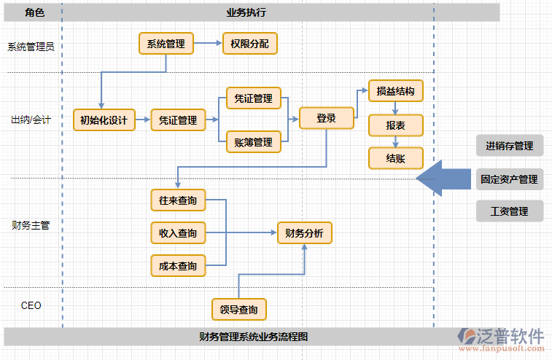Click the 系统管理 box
(x=166, y=44)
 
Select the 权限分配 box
(x=249, y=44)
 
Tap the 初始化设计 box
(x=104, y=120)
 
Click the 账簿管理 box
(x=254, y=142)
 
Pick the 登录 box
(x=326, y=118)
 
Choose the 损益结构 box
(x=395, y=91)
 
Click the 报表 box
(x=395, y=125)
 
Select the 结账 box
(x=395, y=158)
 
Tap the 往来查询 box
(x=178, y=200)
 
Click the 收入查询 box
(x=178, y=233)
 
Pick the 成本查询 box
(x=178, y=266)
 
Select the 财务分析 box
(x=304, y=233)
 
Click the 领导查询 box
(x=238, y=310)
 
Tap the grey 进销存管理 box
(x=510, y=146)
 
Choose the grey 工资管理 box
(x=510, y=211)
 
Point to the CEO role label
(x=31, y=305)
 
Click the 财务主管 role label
(x=31, y=225)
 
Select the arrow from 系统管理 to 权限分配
(x=208, y=44)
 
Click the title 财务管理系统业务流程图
(x=253, y=337)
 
